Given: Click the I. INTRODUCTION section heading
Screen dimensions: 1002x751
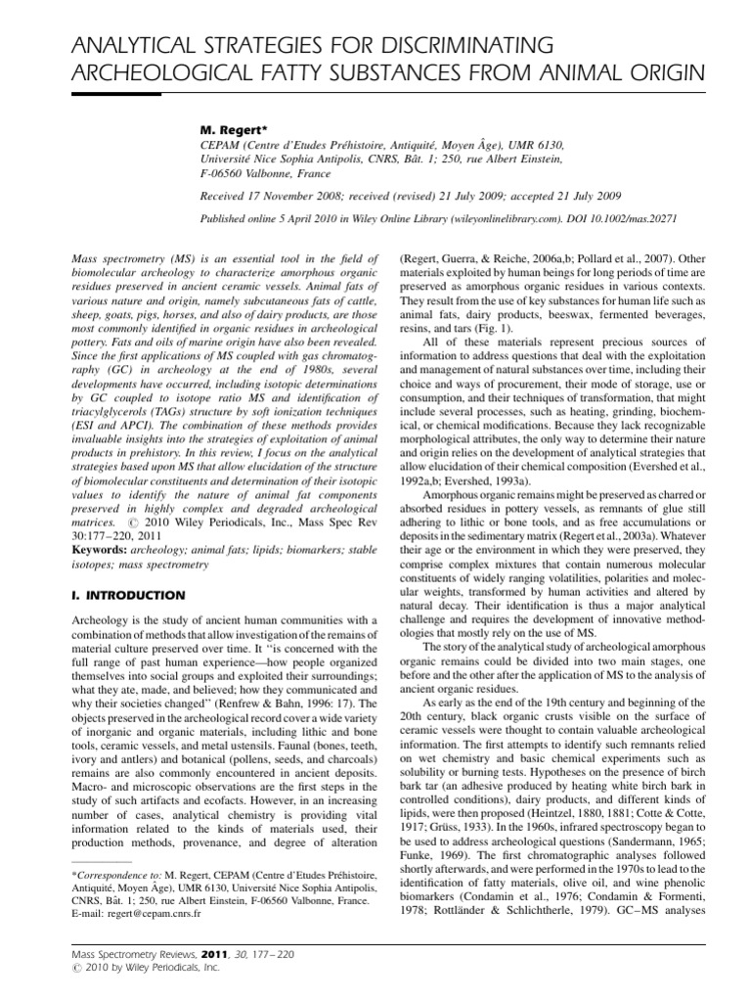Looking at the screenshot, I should tap(129, 594).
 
